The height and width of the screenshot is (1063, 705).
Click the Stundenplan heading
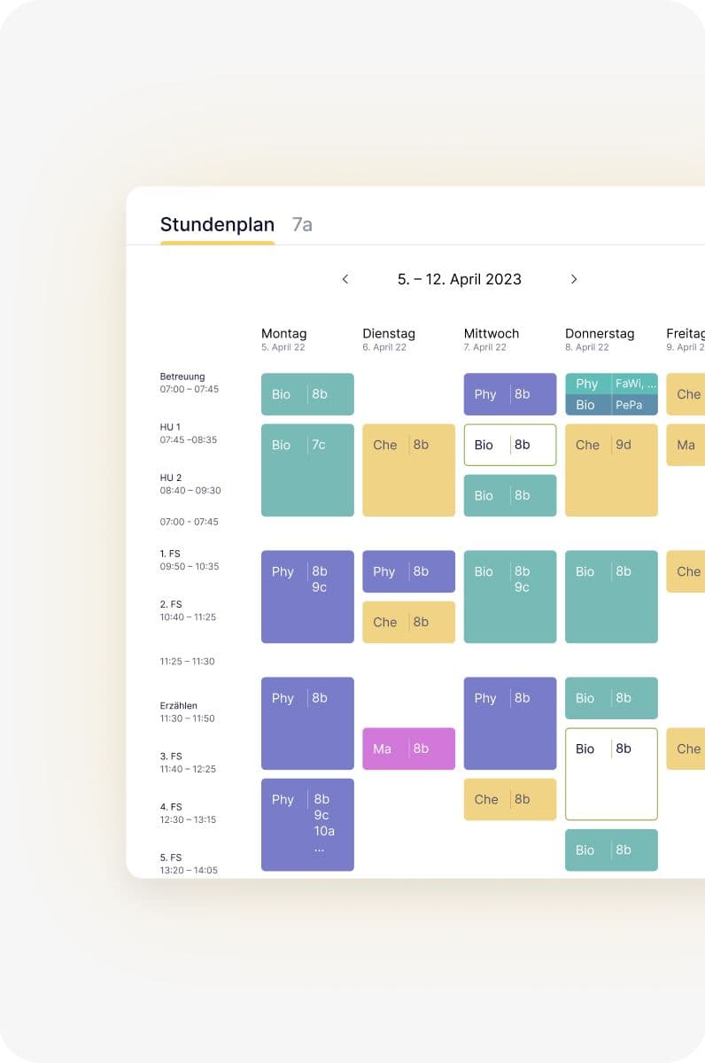217,225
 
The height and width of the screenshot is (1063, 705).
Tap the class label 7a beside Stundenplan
302,225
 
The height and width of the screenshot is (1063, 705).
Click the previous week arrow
345,279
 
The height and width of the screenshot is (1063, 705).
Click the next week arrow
574,279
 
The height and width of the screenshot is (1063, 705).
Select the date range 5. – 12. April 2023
459,279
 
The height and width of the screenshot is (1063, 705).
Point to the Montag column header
283,334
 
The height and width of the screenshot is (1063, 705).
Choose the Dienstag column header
388,334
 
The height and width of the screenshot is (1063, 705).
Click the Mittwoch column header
491,334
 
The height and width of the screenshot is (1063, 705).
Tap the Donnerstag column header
600,334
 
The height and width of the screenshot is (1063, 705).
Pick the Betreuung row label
182,376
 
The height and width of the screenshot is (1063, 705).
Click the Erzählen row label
179,706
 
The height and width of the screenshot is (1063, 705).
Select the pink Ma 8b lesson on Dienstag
408,749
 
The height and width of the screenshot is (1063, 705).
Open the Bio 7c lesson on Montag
307,469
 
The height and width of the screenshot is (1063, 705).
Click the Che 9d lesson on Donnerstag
611,469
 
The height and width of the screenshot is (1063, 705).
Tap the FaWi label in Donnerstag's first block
636,384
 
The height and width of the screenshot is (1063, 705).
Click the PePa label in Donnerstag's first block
630,405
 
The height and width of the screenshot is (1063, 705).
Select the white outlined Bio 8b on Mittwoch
510,445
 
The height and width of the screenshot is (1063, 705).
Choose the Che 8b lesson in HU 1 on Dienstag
408,469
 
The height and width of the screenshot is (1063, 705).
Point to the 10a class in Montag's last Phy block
324,831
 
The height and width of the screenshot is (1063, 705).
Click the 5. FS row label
171,857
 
